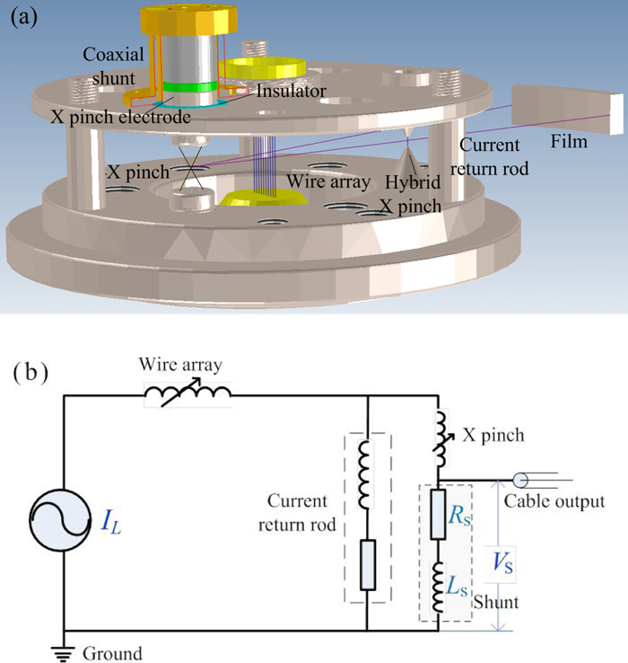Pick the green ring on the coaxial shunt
pos(192,87)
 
